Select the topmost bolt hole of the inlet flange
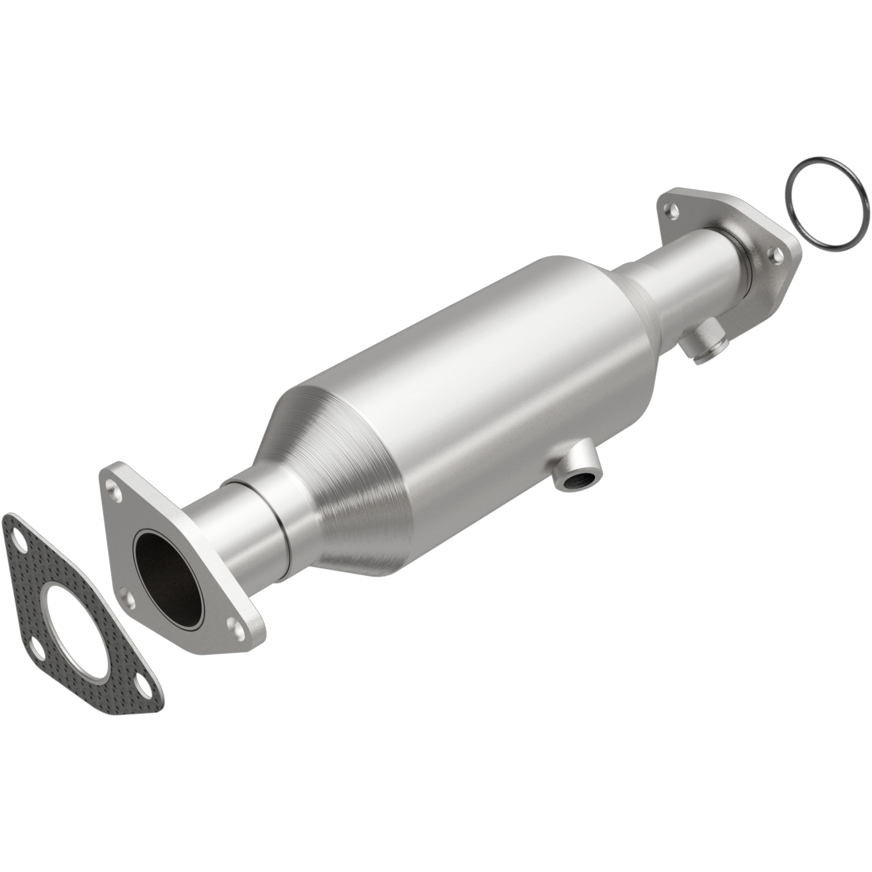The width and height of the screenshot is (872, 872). (112, 488)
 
